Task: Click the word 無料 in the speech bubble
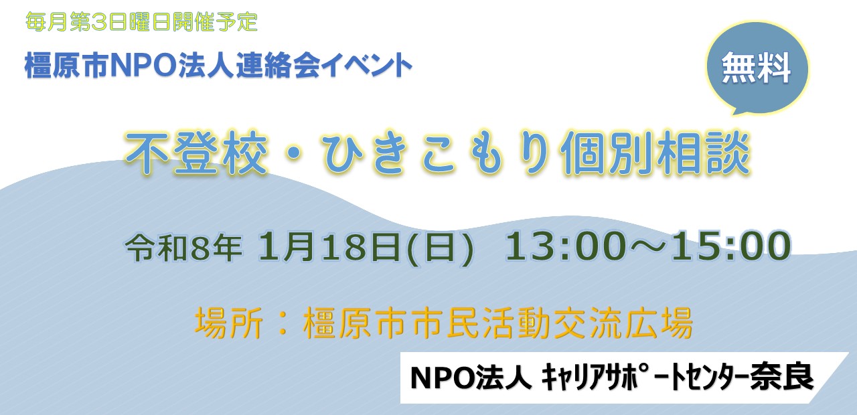(x=757, y=68)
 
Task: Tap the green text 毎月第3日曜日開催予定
(x=141, y=22)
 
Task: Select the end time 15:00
(x=731, y=246)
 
